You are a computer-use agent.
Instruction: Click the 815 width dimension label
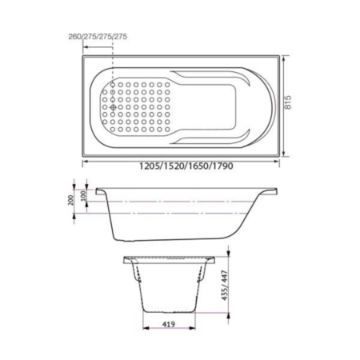click(x=288, y=102)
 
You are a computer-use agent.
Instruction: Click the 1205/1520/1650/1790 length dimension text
click(x=186, y=166)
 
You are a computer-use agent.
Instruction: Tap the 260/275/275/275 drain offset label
click(x=98, y=36)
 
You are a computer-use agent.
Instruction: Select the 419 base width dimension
click(x=169, y=324)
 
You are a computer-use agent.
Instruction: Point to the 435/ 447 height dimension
click(x=225, y=286)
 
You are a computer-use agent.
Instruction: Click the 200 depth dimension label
click(x=70, y=200)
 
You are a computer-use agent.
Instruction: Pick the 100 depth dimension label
click(x=84, y=196)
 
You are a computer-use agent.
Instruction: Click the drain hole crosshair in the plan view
click(x=113, y=107)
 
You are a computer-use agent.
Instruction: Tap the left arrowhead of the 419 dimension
click(x=146, y=328)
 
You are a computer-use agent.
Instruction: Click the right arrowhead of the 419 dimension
click(x=192, y=328)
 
